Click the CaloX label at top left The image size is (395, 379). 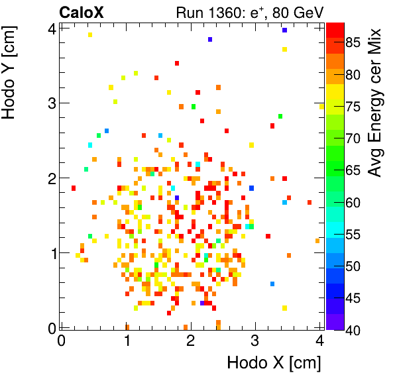pos(81,11)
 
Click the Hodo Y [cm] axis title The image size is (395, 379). pos(11,70)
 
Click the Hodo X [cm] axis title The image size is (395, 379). pos(274,363)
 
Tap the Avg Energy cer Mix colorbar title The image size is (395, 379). pos(375,103)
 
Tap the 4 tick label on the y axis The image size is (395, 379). pos(50,28)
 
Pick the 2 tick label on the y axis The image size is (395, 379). pos(50,178)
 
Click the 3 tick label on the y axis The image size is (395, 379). pos(50,103)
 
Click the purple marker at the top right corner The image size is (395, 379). pos(284,30)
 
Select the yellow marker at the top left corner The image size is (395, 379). pos(90,34)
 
